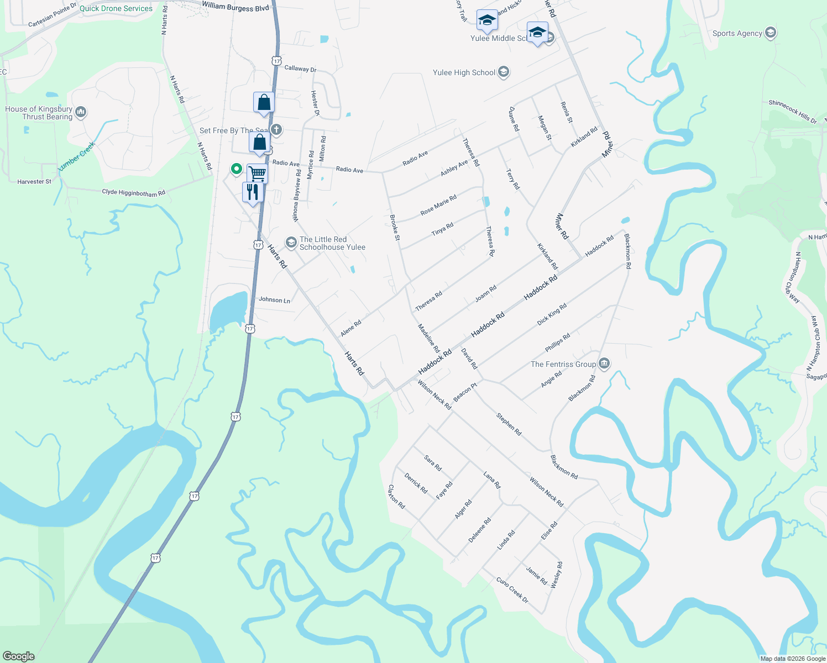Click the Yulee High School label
pyautogui.click(x=464, y=73)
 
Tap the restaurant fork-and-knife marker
pyautogui.click(x=253, y=192)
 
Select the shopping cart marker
pyautogui.click(x=258, y=173)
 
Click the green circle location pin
pyautogui.click(x=237, y=169)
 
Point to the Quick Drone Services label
pyautogui.click(x=116, y=8)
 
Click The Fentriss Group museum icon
pyautogui.click(x=604, y=364)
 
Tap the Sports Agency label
pyautogui.click(x=737, y=33)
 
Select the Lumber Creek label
pyautogui.click(x=77, y=156)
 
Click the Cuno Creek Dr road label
pyautogui.click(x=512, y=590)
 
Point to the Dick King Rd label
pyautogui.click(x=552, y=314)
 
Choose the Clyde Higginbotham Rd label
pyautogui.click(x=133, y=193)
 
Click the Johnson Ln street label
pyautogui.click(x=274, y=300)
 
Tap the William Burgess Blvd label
pyautogui.click(x=235, y=7)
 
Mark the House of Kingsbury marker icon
pyautogui.click(x=81, y=113)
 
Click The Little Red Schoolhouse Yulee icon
pyautogui.click(x=291, y=243)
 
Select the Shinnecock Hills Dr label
pyautogui.click(x=792, y=111)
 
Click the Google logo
pyautogui.click(x=19, y=656)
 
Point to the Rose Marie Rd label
pyautogui.click(x=438, y=205)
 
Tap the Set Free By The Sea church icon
pyautogui.click(x=276, y=130)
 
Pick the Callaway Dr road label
pyautogui.click(x=300, y=69)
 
